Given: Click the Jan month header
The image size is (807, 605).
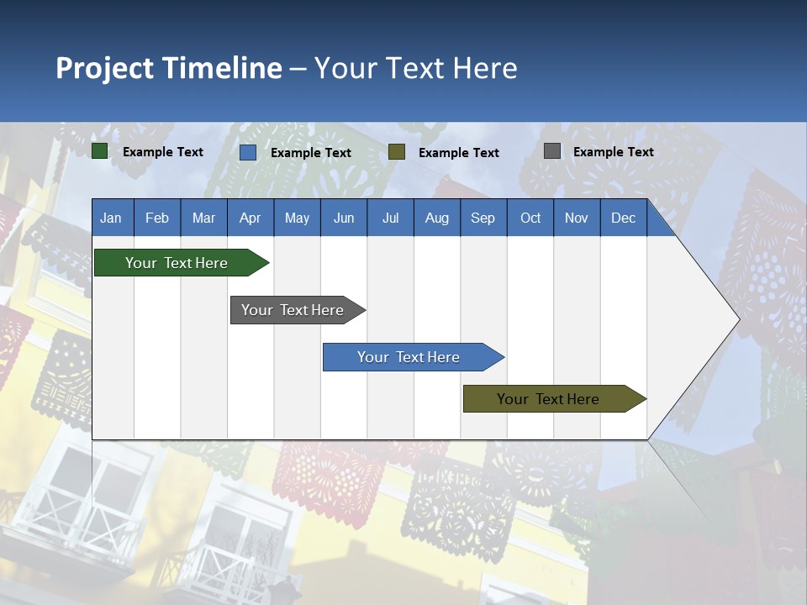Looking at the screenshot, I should pos(111,218).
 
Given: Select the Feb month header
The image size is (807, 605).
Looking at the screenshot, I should pos(157,218).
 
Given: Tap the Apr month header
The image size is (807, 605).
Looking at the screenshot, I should pos(250,218).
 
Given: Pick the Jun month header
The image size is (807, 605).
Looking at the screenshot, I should pos(344,218).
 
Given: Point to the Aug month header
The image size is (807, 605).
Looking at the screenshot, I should pos(436,218).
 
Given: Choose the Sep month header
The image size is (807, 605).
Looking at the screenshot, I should pos(483,218).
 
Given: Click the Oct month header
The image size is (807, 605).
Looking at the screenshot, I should pos(530,218).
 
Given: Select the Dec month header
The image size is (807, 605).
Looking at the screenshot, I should pos(623,218).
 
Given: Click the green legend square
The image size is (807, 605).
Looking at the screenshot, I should pos(100,151).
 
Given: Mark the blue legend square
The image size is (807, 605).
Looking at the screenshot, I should pos(248,152).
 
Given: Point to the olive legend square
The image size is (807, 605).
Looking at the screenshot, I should pos(397,151).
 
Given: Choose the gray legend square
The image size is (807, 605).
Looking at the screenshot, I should pos(552,151).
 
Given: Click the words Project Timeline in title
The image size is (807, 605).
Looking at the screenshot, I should pos(168,68).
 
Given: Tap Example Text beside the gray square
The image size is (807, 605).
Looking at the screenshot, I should pos(613,152).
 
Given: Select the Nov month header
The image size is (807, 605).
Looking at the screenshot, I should pos(576,218).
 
